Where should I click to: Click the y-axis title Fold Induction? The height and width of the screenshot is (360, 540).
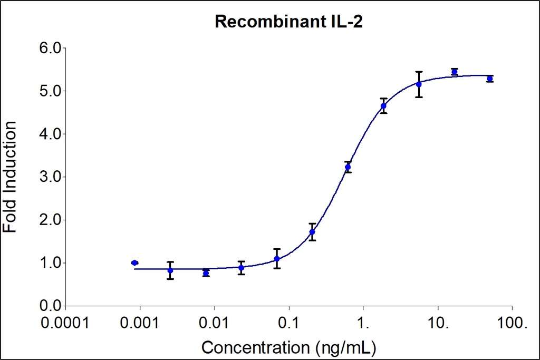pos(10,177)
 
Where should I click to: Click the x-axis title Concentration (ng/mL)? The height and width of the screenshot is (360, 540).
pos(289,348)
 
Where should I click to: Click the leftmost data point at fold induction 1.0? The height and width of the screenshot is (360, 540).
pos(134,262)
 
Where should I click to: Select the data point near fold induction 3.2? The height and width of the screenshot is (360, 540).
pos(348,167)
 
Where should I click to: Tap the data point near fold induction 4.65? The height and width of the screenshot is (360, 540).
pos(383,106)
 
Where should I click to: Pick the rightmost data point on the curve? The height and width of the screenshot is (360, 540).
pos(490,79)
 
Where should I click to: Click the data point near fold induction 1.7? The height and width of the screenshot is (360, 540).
pos(312,232)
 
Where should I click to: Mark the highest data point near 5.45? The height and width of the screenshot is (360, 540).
pos(454,72)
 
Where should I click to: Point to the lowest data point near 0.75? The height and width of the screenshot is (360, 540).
pos(206,273)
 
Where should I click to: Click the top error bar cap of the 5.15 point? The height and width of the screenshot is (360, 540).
pos(419,72)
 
